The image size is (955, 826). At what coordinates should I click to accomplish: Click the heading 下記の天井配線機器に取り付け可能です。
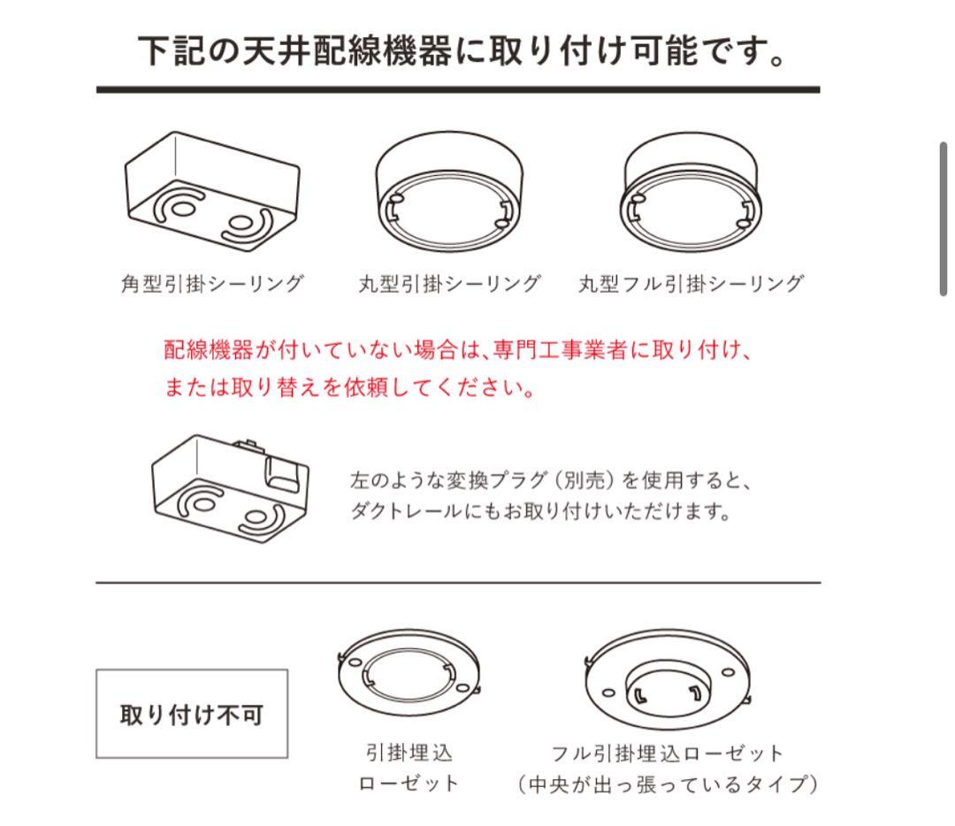[462, 51]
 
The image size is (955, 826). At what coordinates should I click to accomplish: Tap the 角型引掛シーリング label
[212, 284]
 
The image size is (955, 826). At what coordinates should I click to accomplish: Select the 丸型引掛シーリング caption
[448, 284]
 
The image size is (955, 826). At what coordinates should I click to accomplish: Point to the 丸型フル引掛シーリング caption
[691, 284]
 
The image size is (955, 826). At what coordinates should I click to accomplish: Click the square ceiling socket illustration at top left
[210, 191]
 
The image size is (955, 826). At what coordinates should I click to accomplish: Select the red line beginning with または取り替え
[349, 388]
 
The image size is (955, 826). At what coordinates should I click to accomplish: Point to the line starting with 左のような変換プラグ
[550, 481]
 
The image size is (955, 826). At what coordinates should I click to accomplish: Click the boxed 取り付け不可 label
[192, 714]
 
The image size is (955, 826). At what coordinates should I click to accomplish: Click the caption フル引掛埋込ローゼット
[668, 753]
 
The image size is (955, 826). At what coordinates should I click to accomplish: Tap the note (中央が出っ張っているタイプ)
[668, 784]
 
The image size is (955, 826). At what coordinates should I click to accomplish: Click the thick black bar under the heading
[458, 89]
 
